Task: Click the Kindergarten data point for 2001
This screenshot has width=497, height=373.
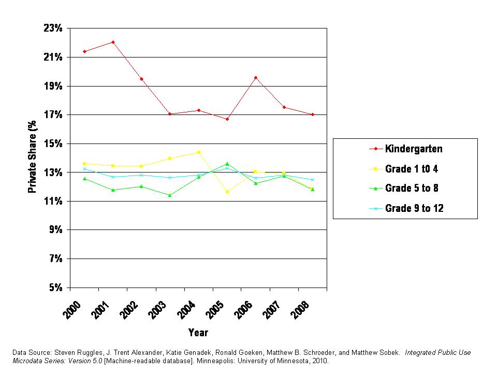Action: (113, 42)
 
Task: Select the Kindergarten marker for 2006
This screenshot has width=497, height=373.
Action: (256, 78)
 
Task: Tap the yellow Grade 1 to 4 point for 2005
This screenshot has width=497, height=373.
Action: (227, 192)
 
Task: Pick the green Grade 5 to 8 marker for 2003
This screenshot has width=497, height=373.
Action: (170, 195)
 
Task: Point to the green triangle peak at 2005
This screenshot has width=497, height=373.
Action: (227, 164)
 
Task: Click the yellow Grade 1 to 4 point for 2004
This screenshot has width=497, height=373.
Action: (199, 152)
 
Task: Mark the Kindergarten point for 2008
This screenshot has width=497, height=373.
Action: (313, 114)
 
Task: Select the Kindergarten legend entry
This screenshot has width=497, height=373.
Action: (414, 149)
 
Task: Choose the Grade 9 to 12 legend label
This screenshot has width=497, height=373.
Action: (414, 208)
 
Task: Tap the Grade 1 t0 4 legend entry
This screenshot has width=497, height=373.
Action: (412, 168)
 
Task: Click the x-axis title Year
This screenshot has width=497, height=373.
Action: (198, 333)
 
